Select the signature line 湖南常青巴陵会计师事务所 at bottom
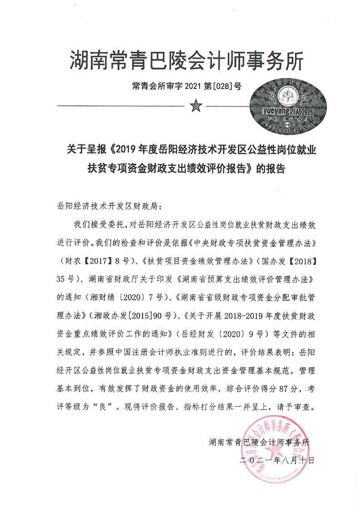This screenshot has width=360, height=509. pyautogui.click(x=259, y=442)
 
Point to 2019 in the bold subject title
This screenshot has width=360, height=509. pyautogui.click(x=128, y=149)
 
